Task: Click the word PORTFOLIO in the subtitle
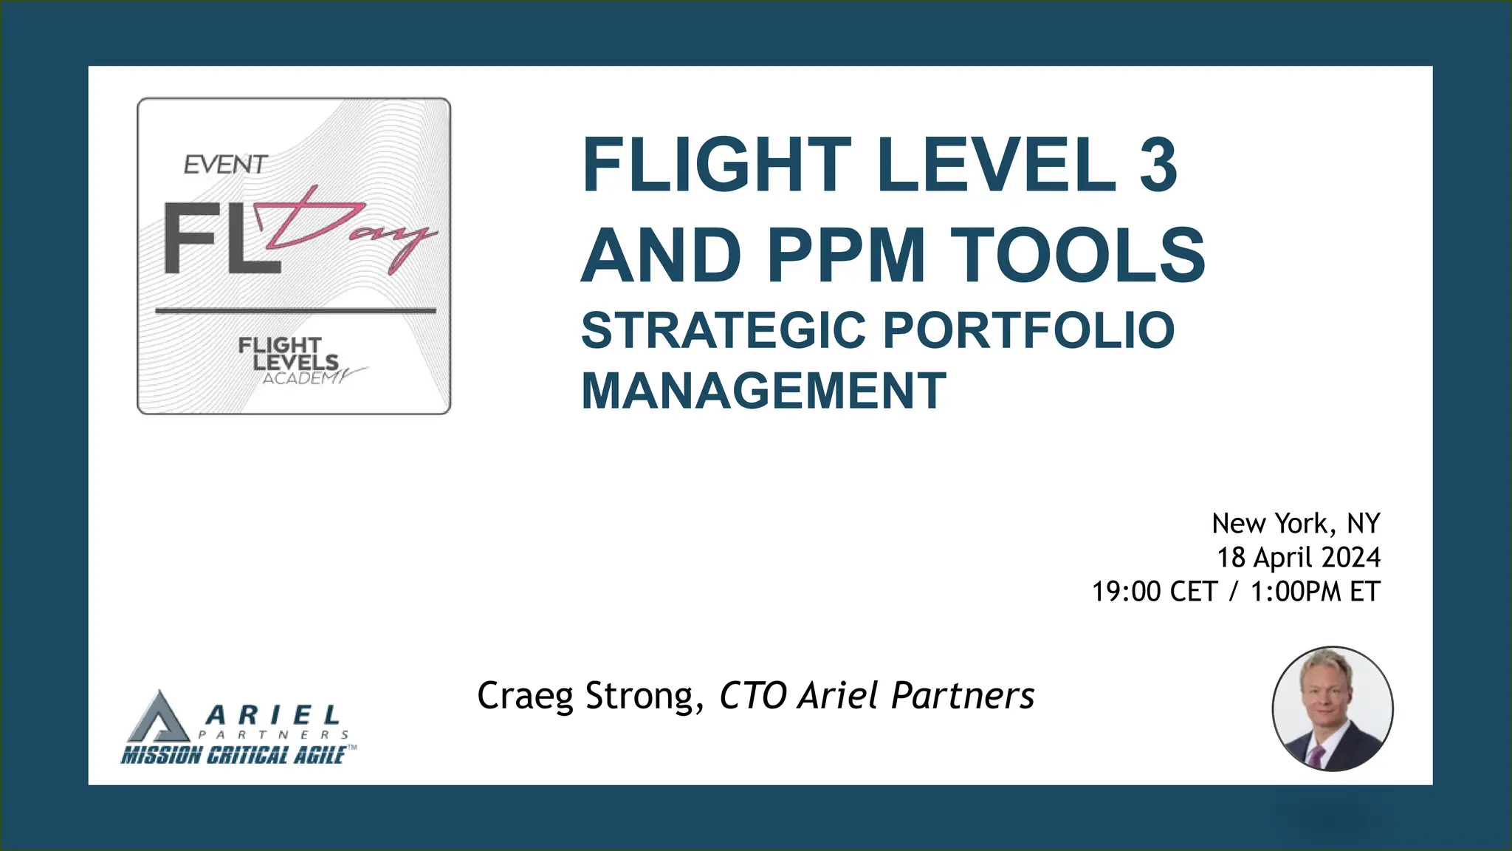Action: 1028,330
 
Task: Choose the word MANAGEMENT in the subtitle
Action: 763,391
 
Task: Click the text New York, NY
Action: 1296,524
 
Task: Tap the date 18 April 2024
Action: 1298,558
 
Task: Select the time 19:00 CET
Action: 1154,592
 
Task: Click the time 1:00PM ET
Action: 1315,592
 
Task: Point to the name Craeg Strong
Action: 586,696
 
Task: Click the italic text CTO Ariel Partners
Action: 876,696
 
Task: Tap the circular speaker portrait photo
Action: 1332,708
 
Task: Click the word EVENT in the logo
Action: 225,165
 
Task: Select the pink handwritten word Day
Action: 347,229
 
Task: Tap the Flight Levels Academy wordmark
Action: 292,360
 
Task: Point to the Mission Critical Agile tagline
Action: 234,755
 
